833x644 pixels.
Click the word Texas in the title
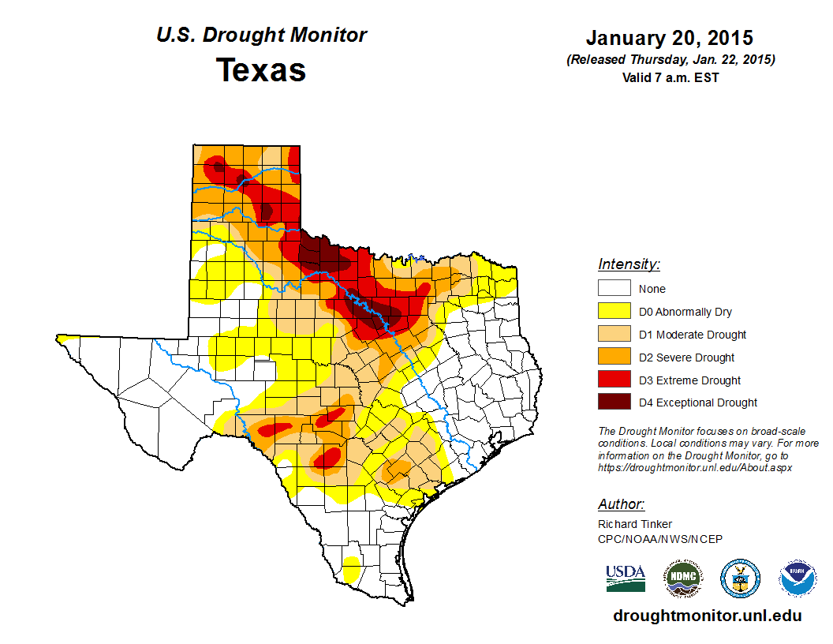tap(261, 70)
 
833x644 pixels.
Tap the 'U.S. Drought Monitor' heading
tap(261, 36)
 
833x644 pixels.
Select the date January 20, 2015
tap(670, 38)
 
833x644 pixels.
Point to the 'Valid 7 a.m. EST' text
tap(670, 77)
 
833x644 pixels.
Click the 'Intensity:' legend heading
tap(629, 264)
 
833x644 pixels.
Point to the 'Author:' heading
tap(621, 504)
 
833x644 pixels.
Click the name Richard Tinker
tap(635, 524)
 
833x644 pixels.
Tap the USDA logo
tap(626, 578)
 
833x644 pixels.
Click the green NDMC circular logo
tap(682, 578)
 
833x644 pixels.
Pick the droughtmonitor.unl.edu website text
tap(707, 616)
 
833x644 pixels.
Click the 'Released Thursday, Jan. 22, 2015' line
tap(670, 60)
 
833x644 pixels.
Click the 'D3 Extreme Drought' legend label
tap(689, 380)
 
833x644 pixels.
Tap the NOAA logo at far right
tap(798, 578)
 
